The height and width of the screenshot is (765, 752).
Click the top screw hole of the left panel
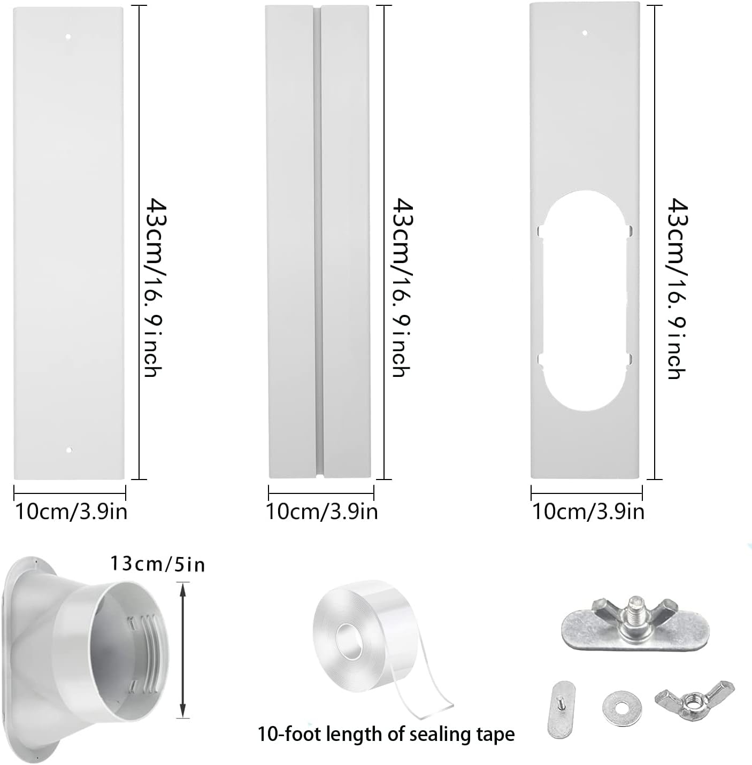pos(68,37)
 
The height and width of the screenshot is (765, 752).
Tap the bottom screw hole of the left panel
pos(68,450)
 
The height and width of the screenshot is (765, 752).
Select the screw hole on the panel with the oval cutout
pos(585,33)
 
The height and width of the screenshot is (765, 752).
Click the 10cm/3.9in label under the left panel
pos(71,512)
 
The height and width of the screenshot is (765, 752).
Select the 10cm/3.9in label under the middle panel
pos(322,512)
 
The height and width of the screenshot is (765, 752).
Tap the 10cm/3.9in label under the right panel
pos(588,512)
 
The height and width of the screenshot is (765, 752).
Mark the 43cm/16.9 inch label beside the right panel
pos(676,289)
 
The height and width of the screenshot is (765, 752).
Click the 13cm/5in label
pos(158,563)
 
